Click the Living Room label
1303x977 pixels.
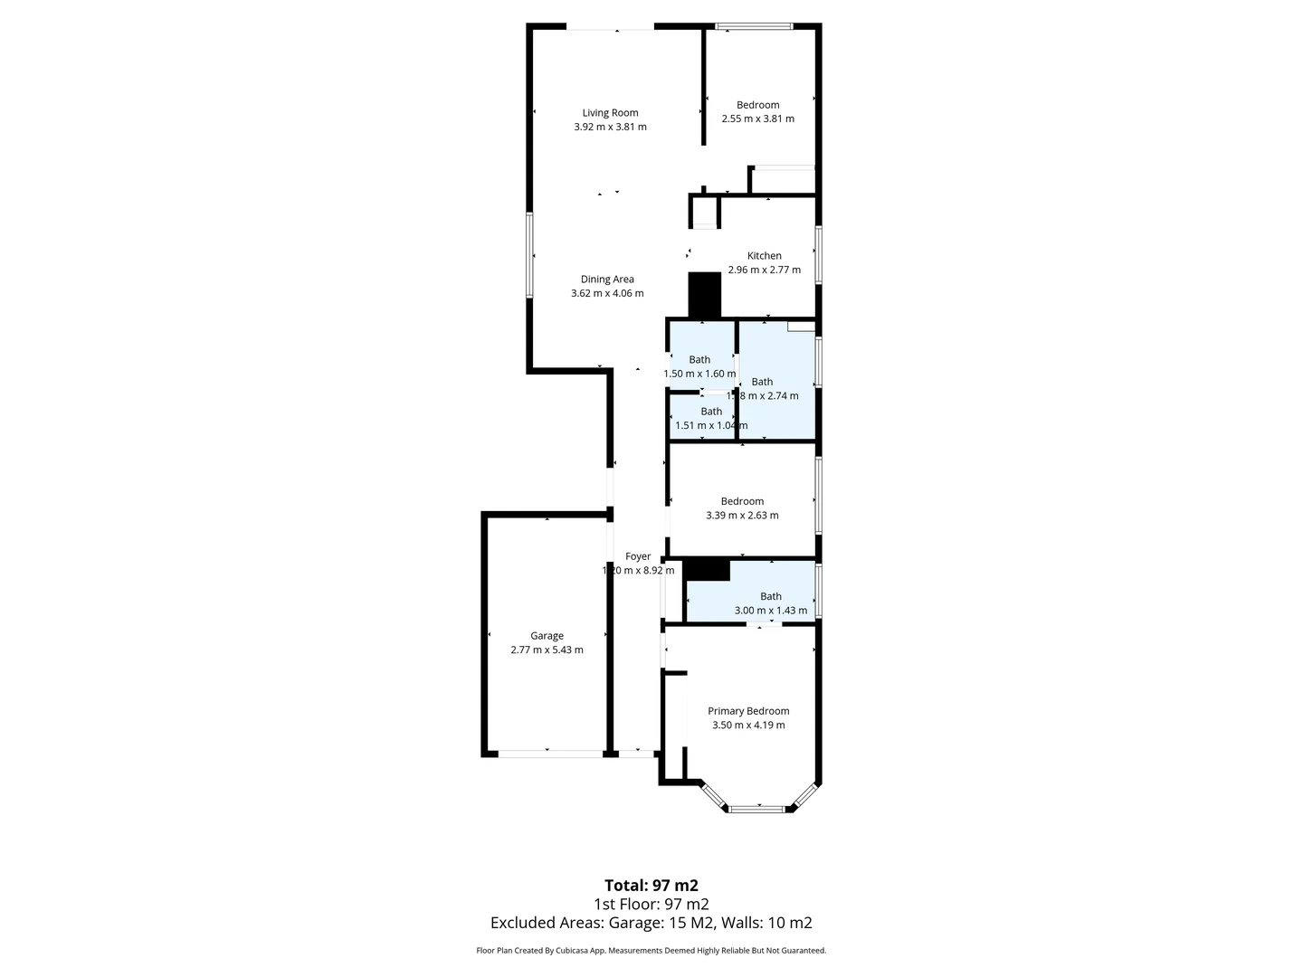(x=610, y=113)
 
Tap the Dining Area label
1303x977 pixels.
(x=607, y=280)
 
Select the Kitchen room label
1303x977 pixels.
(x=764, y=256)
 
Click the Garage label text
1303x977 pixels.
(x=547, y=636)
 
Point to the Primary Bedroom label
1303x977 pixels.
(x=748, y=711)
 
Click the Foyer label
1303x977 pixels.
(x=638, y=556)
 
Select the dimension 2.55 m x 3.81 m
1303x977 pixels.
(x=757, y=119)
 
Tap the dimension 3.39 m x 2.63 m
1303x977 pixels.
(x=742, y=516)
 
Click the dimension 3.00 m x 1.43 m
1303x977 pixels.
(x=770, y=611)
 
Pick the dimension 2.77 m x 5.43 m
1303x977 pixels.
(x=547, y=650)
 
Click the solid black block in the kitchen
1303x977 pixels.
(x=705, y=295)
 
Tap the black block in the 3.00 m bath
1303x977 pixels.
(x=707, y=570)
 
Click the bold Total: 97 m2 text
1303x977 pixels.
(x=651, y=886)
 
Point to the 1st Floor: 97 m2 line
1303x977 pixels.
(x=651, y=905)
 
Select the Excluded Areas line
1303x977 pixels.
(x=651, y=923)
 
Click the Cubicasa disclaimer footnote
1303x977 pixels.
(x=651, y=951)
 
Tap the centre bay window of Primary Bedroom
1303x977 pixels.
(x=758, y=808)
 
